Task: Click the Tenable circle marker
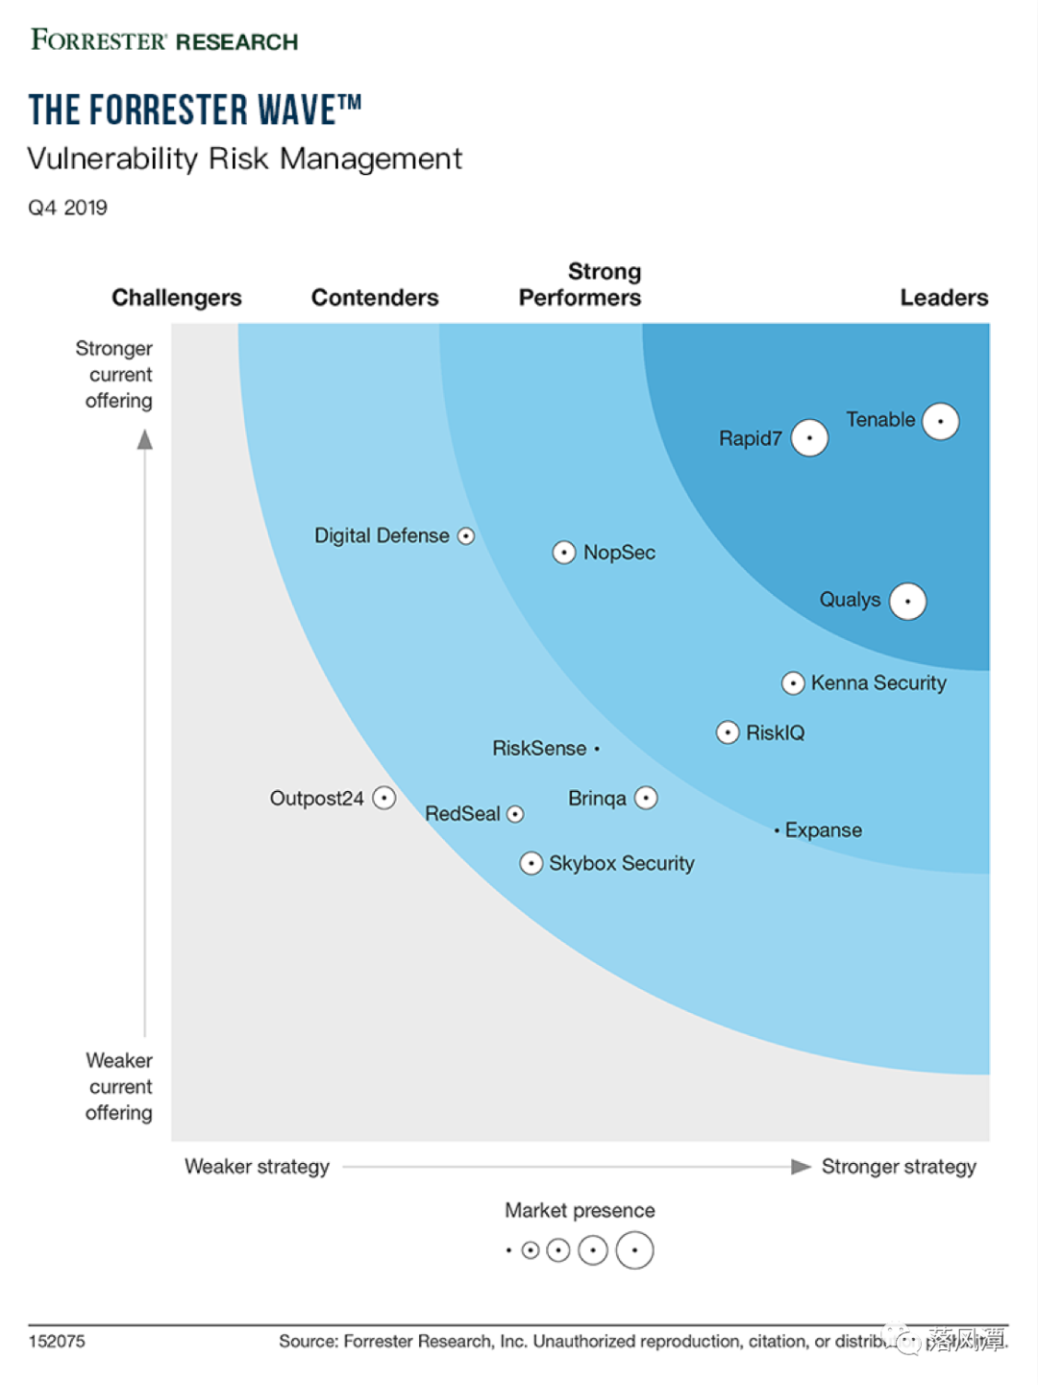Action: [940, 421]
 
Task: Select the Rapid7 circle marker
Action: [809, 438]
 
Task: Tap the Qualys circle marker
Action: [907, 601]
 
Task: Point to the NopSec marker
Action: [564, 553]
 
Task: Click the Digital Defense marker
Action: [466, 536]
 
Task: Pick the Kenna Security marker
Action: [793, 683]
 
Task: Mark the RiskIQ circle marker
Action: [728, 733]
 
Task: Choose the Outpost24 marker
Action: [383, 799]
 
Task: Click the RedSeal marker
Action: [515, 814]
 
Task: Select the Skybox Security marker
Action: [531, 863]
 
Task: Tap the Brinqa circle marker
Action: [646, 798]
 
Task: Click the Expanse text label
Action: [823, 830]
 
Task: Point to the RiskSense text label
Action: [539, 749]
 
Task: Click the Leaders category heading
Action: [944, 298]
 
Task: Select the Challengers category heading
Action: [177, 298]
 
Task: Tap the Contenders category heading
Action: [375, 298]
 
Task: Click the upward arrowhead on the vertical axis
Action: [145, 440]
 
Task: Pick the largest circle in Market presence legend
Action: [634, 1250]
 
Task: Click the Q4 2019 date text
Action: [67, 208]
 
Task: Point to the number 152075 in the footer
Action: [57, 1341]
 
